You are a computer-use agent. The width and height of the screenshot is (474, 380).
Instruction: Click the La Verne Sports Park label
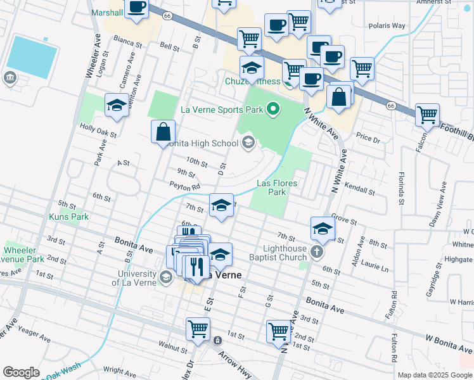click(221, 109)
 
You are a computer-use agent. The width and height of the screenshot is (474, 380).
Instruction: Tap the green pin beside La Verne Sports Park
click(274, 110)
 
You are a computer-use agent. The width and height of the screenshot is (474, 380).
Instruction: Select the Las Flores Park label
click(277, 187)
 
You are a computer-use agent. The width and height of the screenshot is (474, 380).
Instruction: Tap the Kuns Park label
click(69, 217)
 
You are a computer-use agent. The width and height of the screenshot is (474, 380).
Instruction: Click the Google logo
click(21, 372)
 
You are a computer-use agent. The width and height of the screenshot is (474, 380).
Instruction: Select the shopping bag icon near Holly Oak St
click(163, 132)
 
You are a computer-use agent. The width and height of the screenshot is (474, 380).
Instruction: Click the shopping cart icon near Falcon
click(428, 115)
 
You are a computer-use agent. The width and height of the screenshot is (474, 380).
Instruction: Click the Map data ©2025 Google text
click(435, 375)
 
